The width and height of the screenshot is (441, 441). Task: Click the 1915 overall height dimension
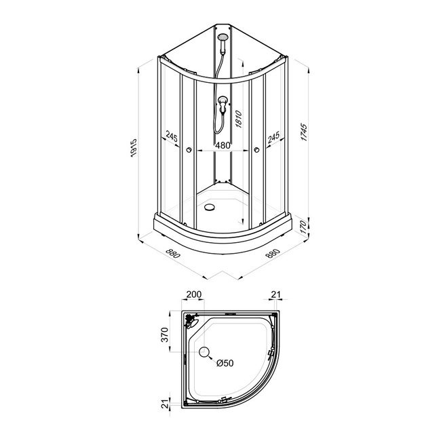click(134, 147)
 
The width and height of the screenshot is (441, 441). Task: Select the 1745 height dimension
click(305, 132)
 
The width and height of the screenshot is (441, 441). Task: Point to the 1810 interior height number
click(239, 119)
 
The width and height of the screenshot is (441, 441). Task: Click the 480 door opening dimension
click(223, 145)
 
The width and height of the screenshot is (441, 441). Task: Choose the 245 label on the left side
click(171, 136)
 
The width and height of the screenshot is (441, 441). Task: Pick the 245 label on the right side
click(273, 136)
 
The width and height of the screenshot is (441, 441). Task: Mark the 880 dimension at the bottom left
click(172, 253)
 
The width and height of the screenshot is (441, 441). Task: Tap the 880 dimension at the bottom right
click(273, 254)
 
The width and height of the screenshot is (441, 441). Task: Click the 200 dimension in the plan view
click(194, 294)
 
